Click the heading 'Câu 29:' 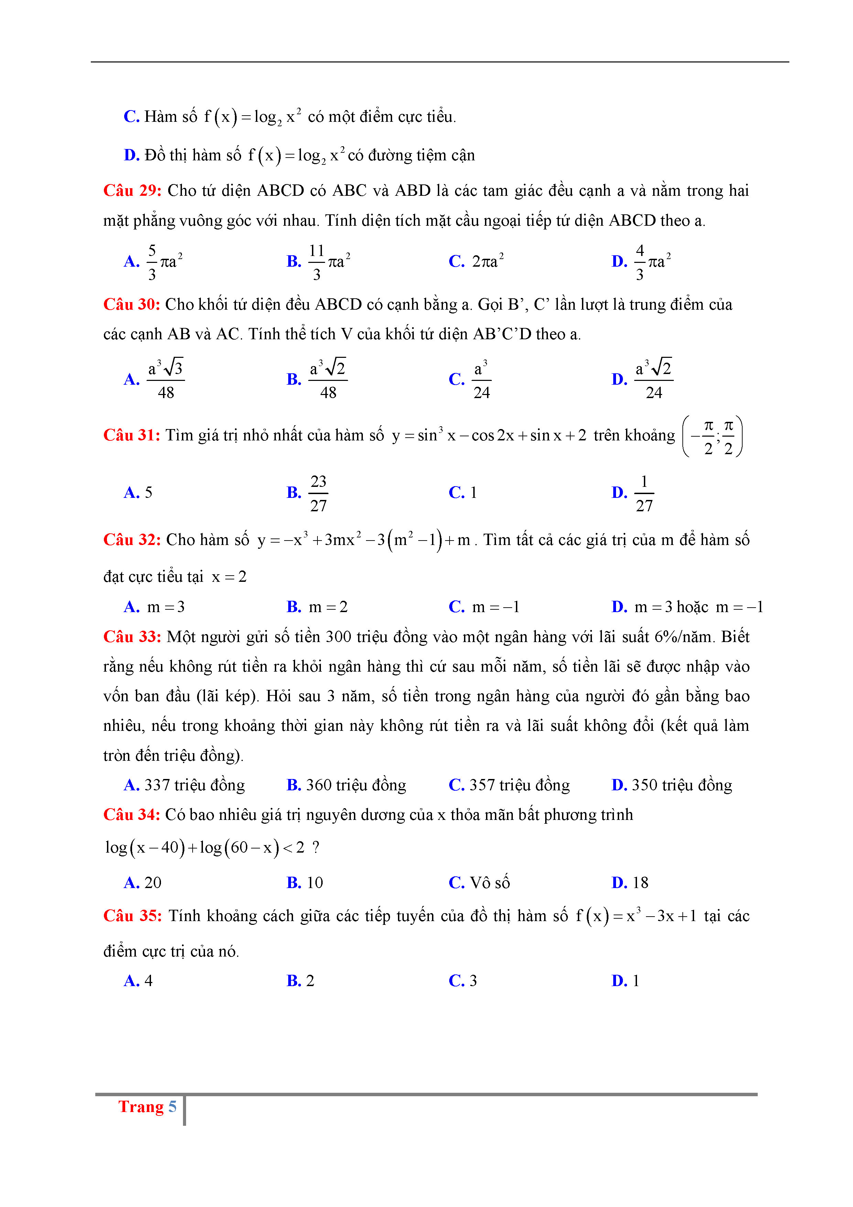[132, 190]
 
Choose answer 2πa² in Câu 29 [487, 261]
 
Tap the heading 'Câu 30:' [131, 305]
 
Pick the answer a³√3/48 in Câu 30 [165, 379]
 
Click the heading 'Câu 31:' [131, 435]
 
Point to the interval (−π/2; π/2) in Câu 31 [712, 436]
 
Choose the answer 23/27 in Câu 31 [318, 493]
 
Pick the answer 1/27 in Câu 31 [644, 493]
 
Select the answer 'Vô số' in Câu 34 [489, 883]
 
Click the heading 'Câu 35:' [132, 916]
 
